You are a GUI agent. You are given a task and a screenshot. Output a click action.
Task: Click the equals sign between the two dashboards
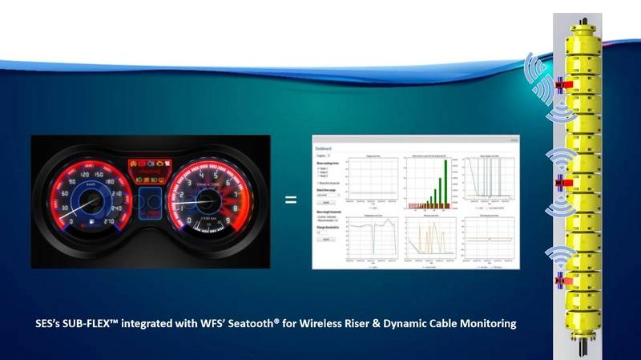coord(291,200)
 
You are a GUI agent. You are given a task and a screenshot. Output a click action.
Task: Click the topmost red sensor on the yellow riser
coord(560,83)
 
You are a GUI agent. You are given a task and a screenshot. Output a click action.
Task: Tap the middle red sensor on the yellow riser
coord(560,183)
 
